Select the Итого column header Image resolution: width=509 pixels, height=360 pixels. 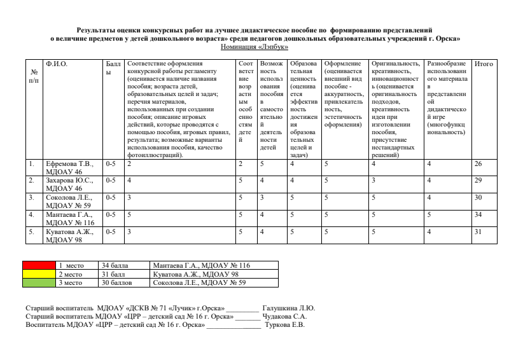pos(484,64)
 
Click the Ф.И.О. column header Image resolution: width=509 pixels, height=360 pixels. pos(57,64)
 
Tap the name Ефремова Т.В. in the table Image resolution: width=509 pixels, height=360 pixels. pos(69,163)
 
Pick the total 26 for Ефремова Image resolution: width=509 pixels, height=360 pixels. pos(479,163)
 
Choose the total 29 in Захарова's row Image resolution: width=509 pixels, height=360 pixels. pos(479,181)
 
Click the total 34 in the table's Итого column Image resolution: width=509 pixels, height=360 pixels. pos(479,214)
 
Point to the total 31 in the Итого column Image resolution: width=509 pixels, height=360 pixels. pos(479,232)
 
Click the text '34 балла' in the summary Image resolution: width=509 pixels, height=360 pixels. pos(115,265)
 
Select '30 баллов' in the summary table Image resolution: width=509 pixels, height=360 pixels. pos(117,282)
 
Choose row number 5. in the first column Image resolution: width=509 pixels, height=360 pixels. pos(31,232)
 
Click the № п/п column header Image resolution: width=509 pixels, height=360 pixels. pos(34,76)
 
